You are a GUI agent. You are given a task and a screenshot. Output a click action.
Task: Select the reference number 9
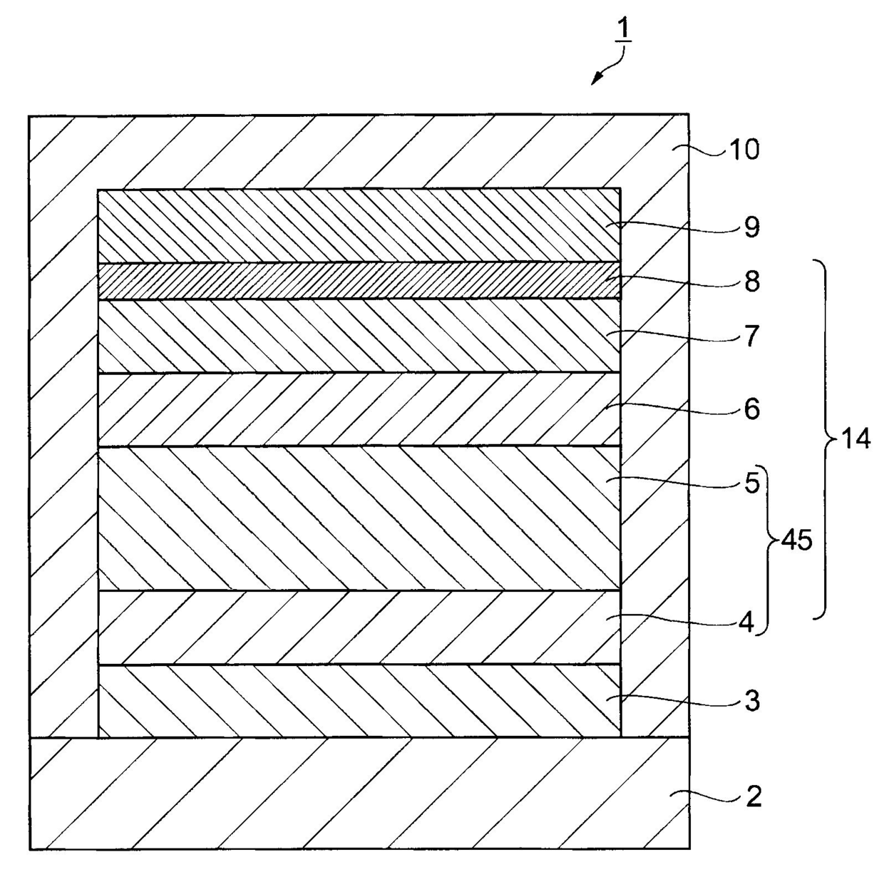point(752,227)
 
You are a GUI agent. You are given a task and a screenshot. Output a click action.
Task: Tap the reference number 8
point(752,281)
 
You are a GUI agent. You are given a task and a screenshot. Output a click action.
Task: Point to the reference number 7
point(752,336)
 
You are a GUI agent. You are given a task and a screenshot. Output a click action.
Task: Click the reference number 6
point(752,409)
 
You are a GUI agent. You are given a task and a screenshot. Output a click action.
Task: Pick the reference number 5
point(752,483)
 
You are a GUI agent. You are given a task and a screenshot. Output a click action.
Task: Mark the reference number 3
point(752,701)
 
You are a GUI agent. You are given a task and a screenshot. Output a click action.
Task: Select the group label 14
point(855,438)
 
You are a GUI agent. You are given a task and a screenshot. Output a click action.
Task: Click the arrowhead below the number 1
point(597,80)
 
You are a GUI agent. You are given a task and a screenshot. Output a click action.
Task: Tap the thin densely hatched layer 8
point(359,281)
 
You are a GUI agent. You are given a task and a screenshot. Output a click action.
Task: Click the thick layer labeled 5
point(359,518)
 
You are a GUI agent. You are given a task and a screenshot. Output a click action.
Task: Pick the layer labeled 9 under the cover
point(359,226)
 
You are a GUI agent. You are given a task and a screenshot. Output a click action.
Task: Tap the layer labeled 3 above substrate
point(359,701)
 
